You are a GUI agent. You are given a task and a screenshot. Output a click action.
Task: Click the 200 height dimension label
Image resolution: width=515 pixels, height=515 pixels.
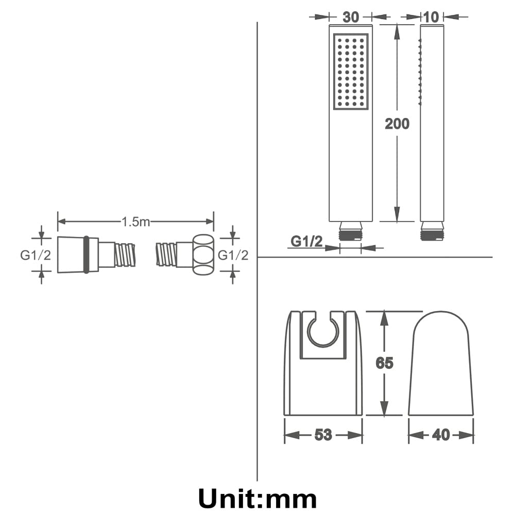[x=397, y=124]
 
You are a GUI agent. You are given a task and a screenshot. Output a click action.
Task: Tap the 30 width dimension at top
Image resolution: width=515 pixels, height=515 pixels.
[x=351, y=17]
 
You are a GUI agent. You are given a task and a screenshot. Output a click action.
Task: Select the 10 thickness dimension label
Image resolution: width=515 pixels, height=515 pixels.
[x=431, y=17]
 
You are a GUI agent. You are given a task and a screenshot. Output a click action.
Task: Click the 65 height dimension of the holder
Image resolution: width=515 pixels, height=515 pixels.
[x=384, y=363]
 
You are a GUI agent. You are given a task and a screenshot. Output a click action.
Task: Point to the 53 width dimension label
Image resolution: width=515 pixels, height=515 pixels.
[x=323, y=435]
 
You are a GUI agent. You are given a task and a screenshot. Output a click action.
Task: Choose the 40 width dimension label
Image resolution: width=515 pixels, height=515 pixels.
[x=441, y=435]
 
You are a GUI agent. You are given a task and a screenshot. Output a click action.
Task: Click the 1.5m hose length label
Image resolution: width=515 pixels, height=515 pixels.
[x=135, y=221]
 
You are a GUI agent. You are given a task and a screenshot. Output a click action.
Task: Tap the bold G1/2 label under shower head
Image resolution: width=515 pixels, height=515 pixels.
[x=307, y=242]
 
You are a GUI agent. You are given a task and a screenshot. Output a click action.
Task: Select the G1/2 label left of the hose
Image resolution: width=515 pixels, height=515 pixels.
[x=36, y=255]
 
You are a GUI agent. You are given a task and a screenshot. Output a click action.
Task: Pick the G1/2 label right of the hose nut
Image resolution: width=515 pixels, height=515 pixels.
[x=233, y=255]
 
